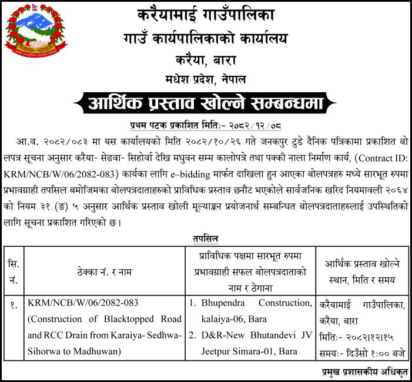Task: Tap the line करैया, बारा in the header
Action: tap(206, 59)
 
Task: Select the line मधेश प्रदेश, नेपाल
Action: tap(206, 79)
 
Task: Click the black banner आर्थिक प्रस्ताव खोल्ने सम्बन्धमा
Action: tap(206, 104)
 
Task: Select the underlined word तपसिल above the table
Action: tap(206, 238)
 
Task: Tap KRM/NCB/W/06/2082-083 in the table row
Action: tap(83, 303)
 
